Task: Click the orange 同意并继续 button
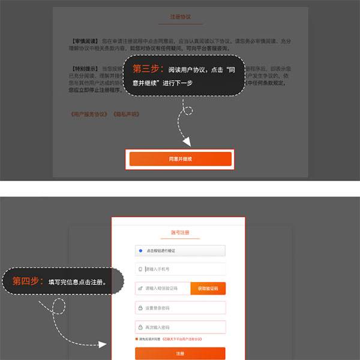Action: click(x=180, y=159)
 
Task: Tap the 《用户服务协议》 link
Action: click(x=88, y=113)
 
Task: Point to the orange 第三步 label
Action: click(x=148, y=69)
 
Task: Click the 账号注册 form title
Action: click(x=179, y=232)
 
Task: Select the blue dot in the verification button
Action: click(x=140, y=251)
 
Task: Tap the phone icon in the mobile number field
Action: click(x=140, y=269)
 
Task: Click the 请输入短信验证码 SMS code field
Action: click(x=163, y=289)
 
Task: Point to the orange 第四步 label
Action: click(x=28, y=281)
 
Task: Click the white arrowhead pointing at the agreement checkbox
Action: click(x=102, y=345)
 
